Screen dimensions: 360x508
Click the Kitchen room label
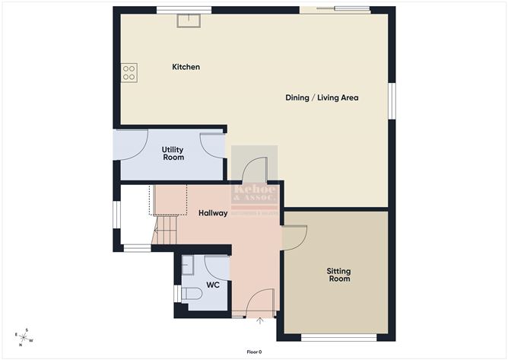186,67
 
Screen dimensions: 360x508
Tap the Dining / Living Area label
322,97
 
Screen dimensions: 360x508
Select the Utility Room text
173,153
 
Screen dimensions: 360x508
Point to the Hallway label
213,213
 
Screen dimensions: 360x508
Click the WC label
213,285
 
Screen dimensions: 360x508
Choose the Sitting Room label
338,275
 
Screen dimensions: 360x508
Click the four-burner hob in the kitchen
129,72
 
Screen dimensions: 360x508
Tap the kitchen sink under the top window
188,21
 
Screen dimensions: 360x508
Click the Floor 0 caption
254,352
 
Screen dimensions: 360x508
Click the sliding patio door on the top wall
335,10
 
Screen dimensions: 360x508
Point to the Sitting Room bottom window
338,337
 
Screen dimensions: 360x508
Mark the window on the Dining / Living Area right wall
392,100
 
